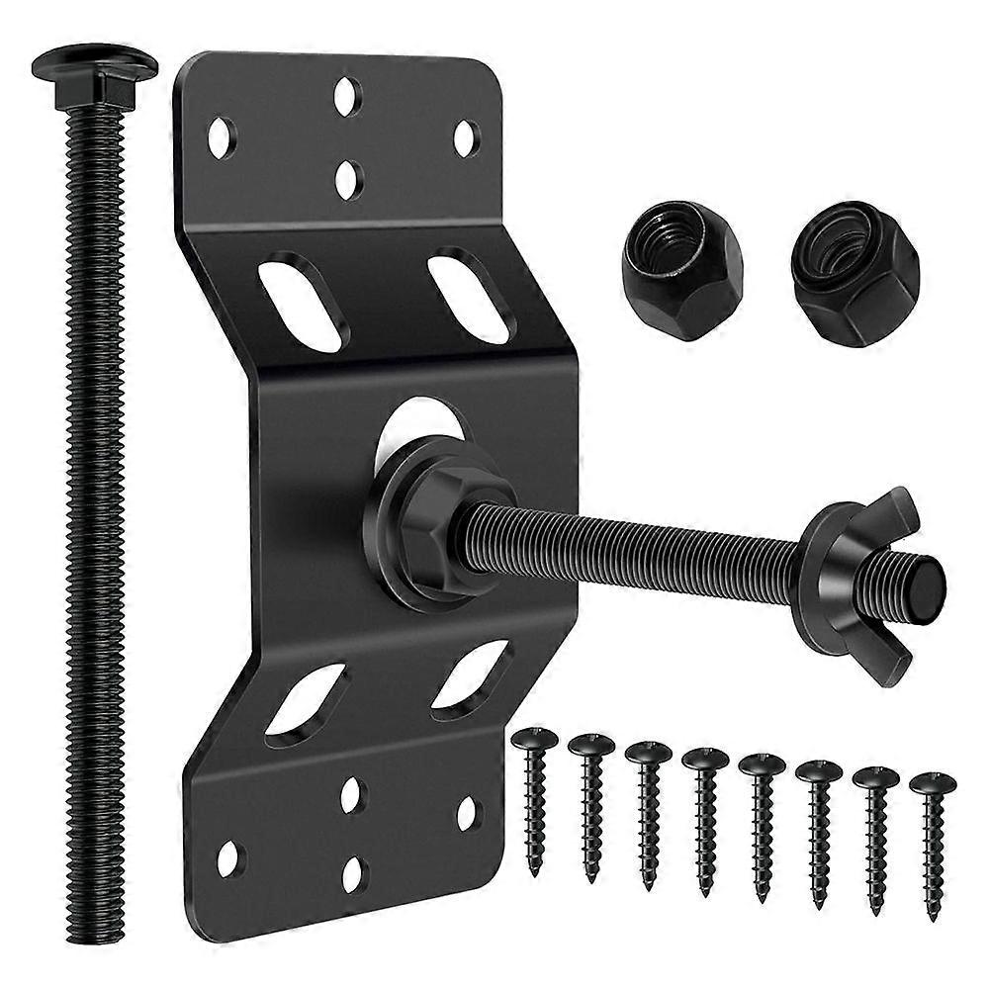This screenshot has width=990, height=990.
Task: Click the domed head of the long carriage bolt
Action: pyautogui.click(x=94, y=62)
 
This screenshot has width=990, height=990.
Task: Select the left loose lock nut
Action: pyautogui.click(x=681, y=270)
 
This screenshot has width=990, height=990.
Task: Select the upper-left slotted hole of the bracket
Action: pyautogui.click(x=303, y=301)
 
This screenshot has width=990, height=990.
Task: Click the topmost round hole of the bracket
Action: pyautogui.click(x=346, y=96)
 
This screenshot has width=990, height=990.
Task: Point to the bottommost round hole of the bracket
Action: pyautogui.click(x=353, y=874)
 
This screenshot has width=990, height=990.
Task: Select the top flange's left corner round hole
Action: pyautogui.click(x=221, y=137)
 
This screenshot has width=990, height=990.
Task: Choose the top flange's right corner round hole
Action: pyautogui.click(x=466, y=138)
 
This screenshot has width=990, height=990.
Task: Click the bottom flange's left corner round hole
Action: pyautogui.click(x=228, y=857)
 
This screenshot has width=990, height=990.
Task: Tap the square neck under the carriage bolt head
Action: pyautogui.click(x=94, y=90)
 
